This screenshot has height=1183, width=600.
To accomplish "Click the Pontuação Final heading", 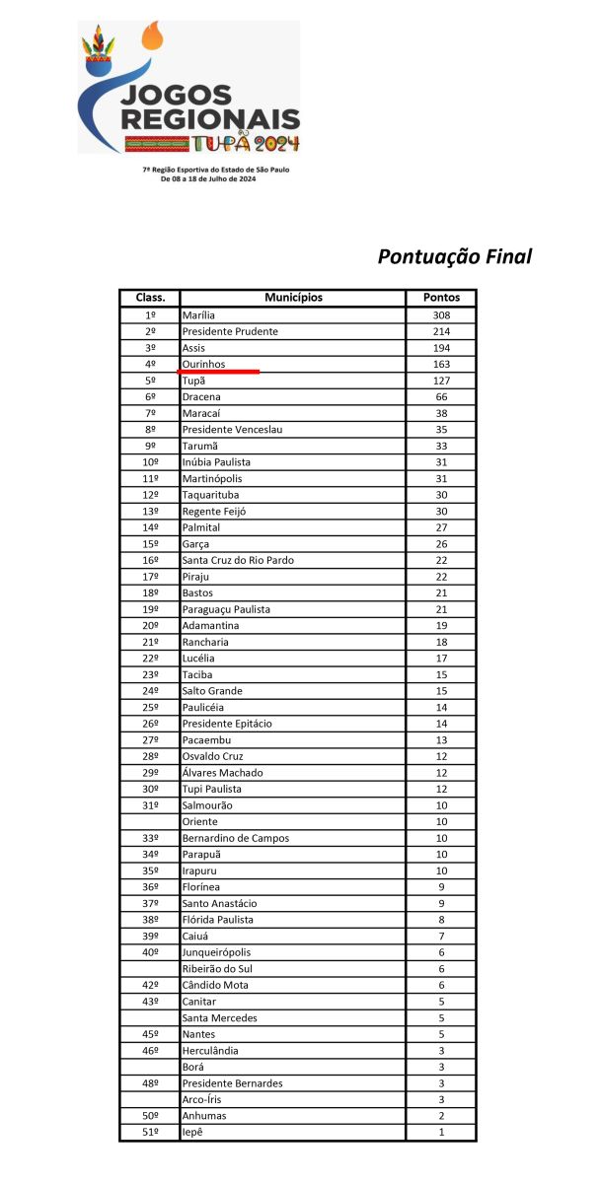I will (455, 256).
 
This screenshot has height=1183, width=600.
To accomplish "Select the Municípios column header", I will (293, 298).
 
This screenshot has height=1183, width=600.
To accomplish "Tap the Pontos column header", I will (440, 298).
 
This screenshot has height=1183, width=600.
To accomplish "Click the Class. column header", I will (150, 298).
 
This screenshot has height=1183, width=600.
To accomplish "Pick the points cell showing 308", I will (440, 314).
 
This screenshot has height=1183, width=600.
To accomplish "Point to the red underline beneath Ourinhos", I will (218, 373).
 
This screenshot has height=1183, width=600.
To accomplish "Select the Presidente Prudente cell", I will (230, 331).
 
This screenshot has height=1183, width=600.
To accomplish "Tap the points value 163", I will (440, 364).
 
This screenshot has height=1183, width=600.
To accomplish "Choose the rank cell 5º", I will (150, 381).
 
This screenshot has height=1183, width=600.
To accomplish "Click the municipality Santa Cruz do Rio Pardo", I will (238, 560).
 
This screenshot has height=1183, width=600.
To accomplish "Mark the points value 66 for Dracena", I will (440, 396).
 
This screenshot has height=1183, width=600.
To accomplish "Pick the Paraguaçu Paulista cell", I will (226, 609).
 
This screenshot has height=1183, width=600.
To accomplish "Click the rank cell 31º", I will (150, 805).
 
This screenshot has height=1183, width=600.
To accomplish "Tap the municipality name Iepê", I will (193, 1133).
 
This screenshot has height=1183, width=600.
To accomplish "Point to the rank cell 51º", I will (150, 1133).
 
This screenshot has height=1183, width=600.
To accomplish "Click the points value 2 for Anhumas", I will (440, 1116).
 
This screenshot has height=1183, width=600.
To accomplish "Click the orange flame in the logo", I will (152, 38).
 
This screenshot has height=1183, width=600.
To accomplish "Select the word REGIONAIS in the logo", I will (210, 119).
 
